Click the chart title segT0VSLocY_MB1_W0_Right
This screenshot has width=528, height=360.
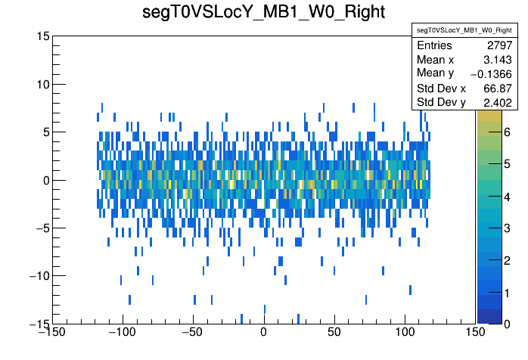tap(264, 13)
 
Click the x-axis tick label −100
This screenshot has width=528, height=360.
tap(121, 333)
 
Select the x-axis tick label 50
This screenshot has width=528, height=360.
tap(334, 333)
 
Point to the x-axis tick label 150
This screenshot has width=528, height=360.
tap(476, 333)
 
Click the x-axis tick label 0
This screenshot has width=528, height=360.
tap(263, 333)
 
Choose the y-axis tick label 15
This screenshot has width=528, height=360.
tap(42, 36)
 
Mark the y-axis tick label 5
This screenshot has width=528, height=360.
tap(45, 132)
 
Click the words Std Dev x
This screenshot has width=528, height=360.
tap(442, 88)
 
